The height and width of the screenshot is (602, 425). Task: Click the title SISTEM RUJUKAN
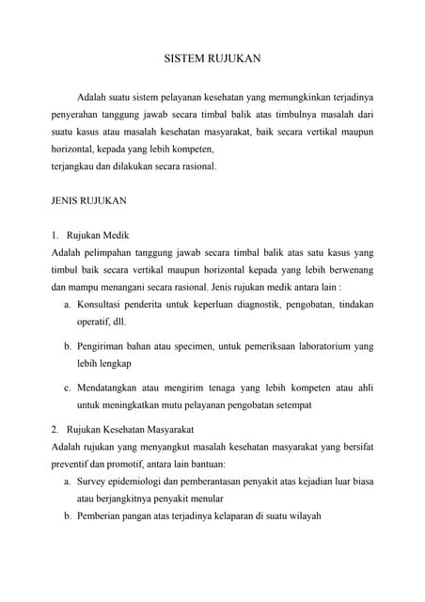tap(212, 58)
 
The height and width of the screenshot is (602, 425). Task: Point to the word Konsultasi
tap(104, 304)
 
